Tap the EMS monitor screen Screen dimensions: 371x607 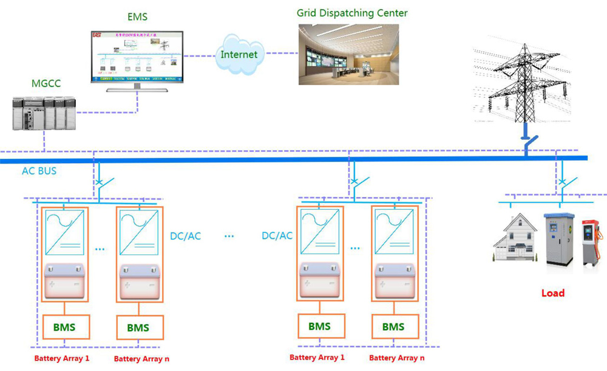pyautogui.click(x=137, y=56)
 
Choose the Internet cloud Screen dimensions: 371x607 pyautogui.click(x=239, y=54)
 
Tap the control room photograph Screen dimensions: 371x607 pyautogui.click(x=348, y=54)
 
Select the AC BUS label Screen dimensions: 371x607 pyautogui.click(x=39, y=171)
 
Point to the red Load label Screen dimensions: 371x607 pyautogui.click(x=552, y=293)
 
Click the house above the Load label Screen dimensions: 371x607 pyautogui.click(x=514, y=238)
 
